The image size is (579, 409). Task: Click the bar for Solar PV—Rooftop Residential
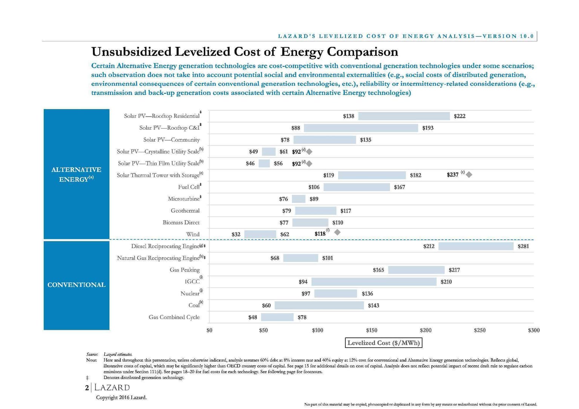click(404, 116)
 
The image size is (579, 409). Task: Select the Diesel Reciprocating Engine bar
click(476, 246)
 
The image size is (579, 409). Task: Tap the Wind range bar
click(260, 234)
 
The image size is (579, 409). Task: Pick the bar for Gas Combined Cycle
click(277, 317)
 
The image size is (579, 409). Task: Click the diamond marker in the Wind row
click(337, 232)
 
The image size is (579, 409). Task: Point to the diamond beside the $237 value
click(469, 174)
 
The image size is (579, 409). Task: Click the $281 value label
click(523, 246)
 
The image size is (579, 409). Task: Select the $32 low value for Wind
click(236, 234)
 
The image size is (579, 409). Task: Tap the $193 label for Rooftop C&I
click(428, 128)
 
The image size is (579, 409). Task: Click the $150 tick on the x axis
click(371, 330)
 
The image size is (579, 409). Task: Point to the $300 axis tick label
click(534, 330)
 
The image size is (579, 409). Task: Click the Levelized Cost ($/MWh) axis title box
click(383, 343)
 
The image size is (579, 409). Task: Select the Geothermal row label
click(185, 210)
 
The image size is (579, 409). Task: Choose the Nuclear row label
click(190, 293)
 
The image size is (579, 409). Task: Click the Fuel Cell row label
click(189, 187)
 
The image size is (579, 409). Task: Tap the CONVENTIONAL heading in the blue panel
click(77, 285)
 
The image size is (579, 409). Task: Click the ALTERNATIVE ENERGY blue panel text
click(77, 174)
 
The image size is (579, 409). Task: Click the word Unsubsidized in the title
click(131, 52)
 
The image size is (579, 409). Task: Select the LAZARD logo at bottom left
click(112, 388)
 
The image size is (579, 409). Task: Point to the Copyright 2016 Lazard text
click(121, 397)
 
